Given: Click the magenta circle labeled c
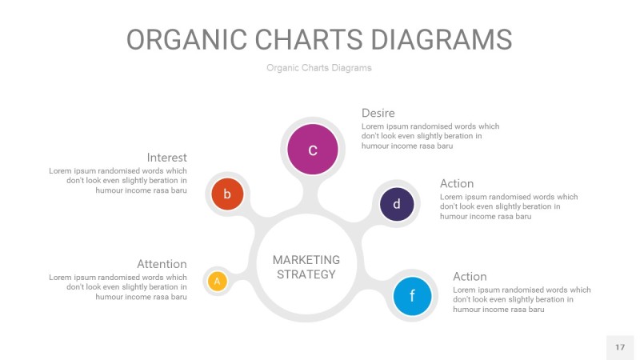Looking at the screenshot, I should [313, 150].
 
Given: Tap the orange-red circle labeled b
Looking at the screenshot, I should [227, 194].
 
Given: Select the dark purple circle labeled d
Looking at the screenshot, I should [396, 204].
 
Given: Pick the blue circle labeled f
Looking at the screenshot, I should [412, 296].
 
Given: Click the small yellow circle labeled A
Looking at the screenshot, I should [217, 281].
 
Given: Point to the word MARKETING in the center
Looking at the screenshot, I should [306, 260].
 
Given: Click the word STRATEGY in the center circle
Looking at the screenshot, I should [306, 274].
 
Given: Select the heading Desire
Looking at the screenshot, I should [378, 113].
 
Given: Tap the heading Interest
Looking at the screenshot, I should [166, 158].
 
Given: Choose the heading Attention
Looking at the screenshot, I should [162, 264].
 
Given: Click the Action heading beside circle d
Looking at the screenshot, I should [457, 184].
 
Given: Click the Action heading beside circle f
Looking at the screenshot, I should [470, 277].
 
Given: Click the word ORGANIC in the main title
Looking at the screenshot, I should [183, 39].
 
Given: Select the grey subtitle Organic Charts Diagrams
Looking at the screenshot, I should [319, 68].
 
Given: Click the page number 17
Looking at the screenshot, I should [620, 347].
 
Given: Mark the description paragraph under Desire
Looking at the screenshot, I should [430, 136].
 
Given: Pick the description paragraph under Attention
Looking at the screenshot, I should [118, 287].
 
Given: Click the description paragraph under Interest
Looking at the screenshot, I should [118, 181].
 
